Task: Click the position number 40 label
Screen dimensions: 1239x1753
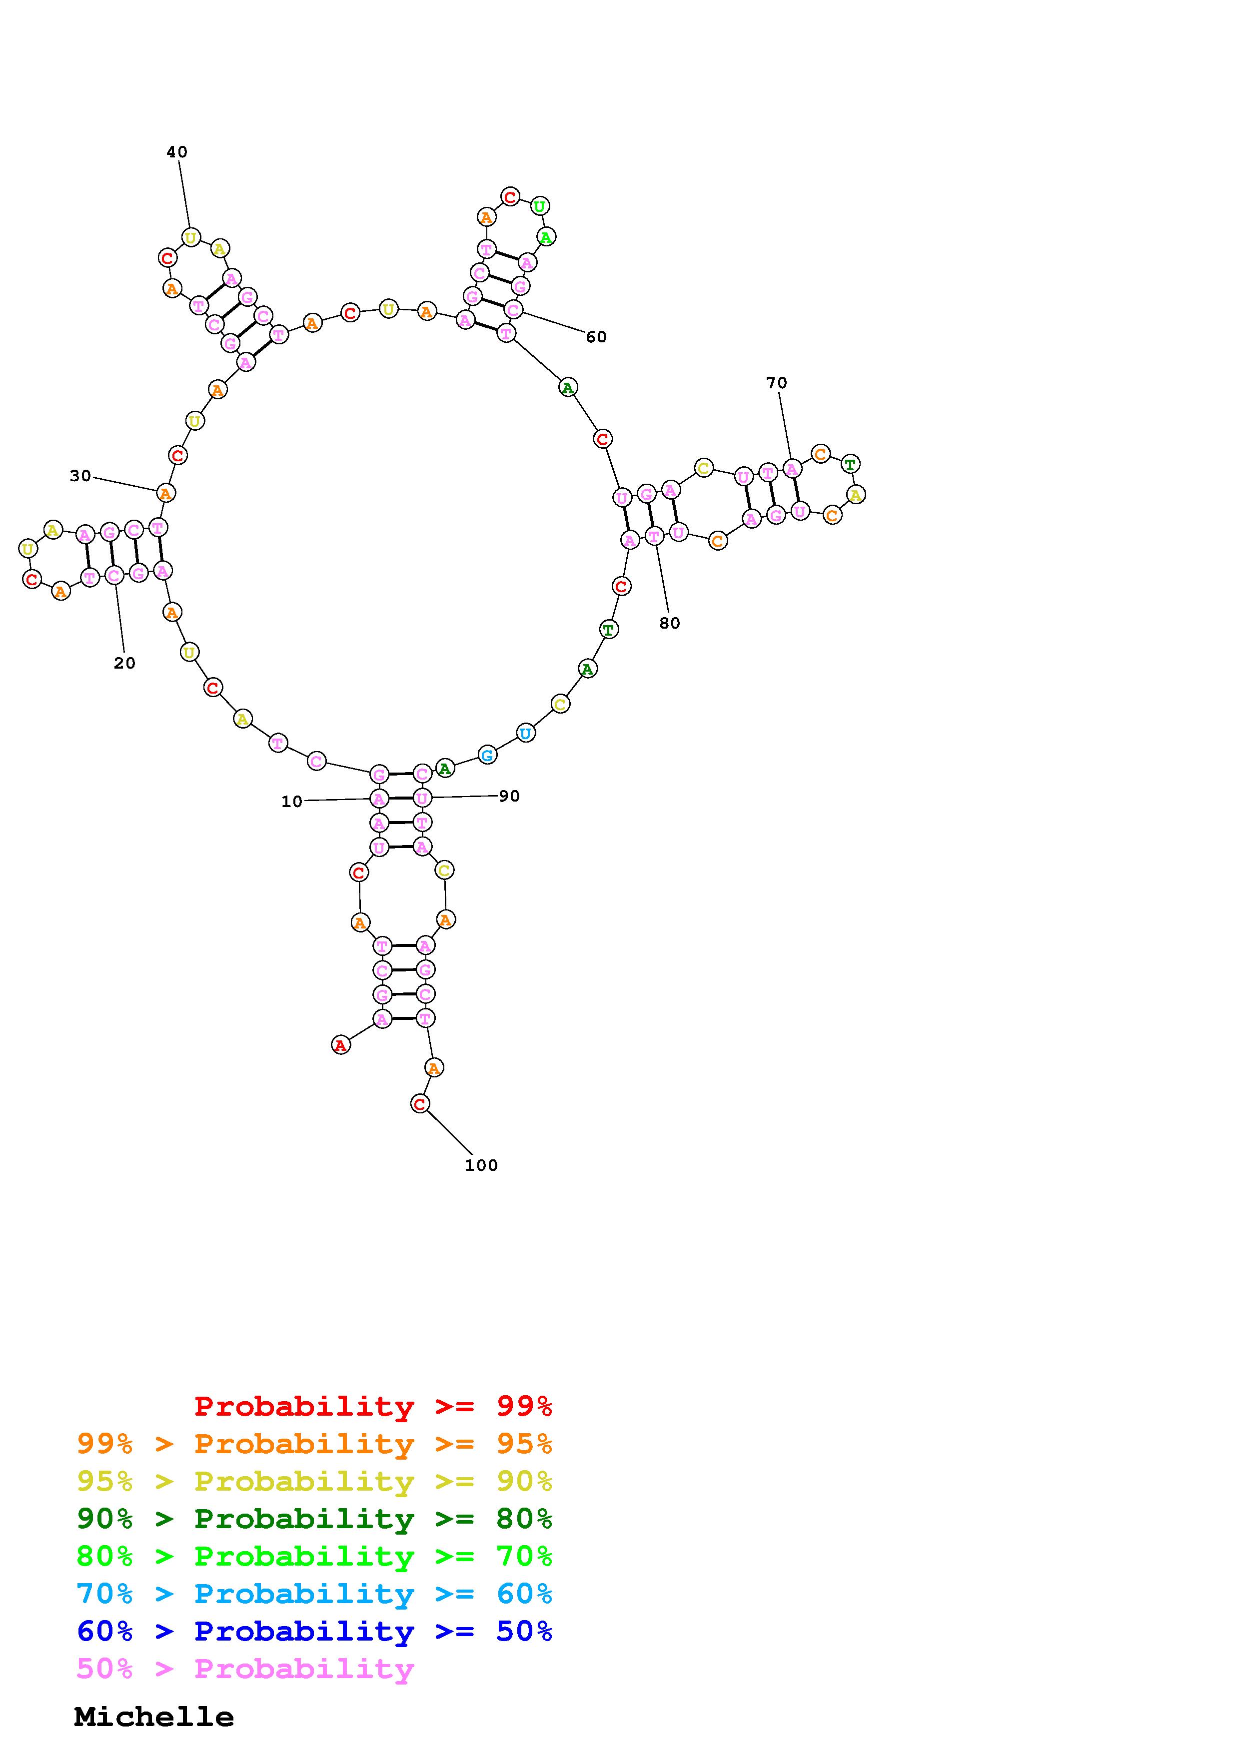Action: point(176,152)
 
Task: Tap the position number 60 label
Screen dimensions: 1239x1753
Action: point(596,337)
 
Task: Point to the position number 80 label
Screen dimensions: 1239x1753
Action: point(670,623)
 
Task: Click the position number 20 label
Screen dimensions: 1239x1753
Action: point(124,664)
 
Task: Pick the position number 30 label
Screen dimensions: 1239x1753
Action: point(80,476)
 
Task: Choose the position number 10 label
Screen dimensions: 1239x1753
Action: point(291,802)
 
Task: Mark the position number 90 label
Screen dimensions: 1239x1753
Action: point(509,797)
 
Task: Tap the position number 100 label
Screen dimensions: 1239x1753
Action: point(481,1165)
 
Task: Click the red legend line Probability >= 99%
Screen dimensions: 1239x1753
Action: point(373,1406)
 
